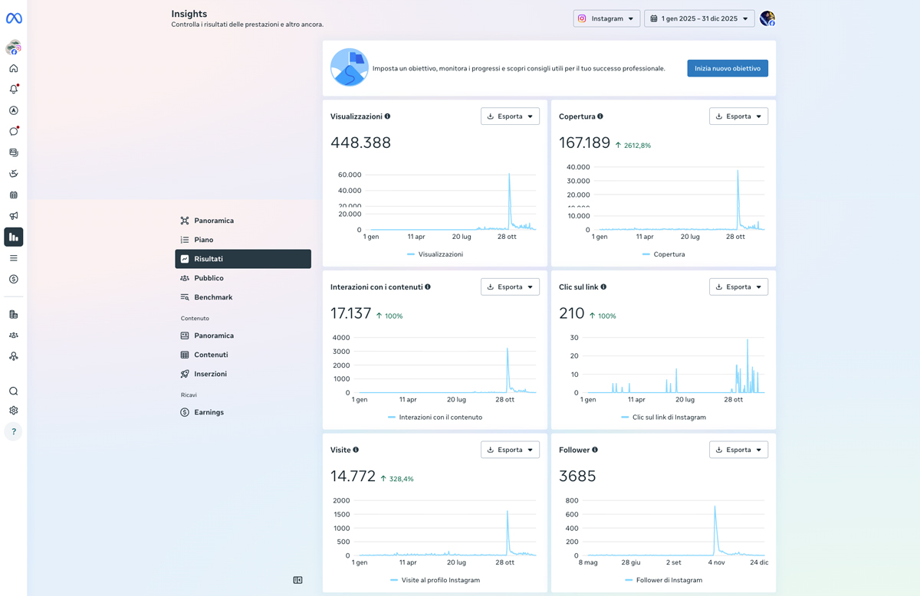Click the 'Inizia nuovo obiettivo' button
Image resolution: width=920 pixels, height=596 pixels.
point(728,68)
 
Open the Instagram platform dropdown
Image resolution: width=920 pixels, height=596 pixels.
point(606,18)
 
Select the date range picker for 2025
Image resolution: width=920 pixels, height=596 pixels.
point(699,18)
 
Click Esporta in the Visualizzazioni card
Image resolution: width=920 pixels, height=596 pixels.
point(510,116)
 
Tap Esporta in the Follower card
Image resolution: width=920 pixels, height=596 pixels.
point(738,450)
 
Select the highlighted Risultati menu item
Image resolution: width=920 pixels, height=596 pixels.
point(243,259)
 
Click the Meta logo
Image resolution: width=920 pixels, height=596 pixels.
point(14,18)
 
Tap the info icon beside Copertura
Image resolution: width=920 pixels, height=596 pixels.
point(600,116)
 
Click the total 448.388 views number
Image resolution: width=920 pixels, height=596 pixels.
point(360,142)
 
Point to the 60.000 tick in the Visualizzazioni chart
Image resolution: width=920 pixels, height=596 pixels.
point(350,175)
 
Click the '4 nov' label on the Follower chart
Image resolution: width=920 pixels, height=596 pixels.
point(716,562)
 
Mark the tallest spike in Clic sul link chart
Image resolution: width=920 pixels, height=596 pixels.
point(747,340)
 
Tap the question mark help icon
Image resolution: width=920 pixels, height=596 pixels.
point(14,431)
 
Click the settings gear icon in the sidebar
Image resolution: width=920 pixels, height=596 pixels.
point(14,411)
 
